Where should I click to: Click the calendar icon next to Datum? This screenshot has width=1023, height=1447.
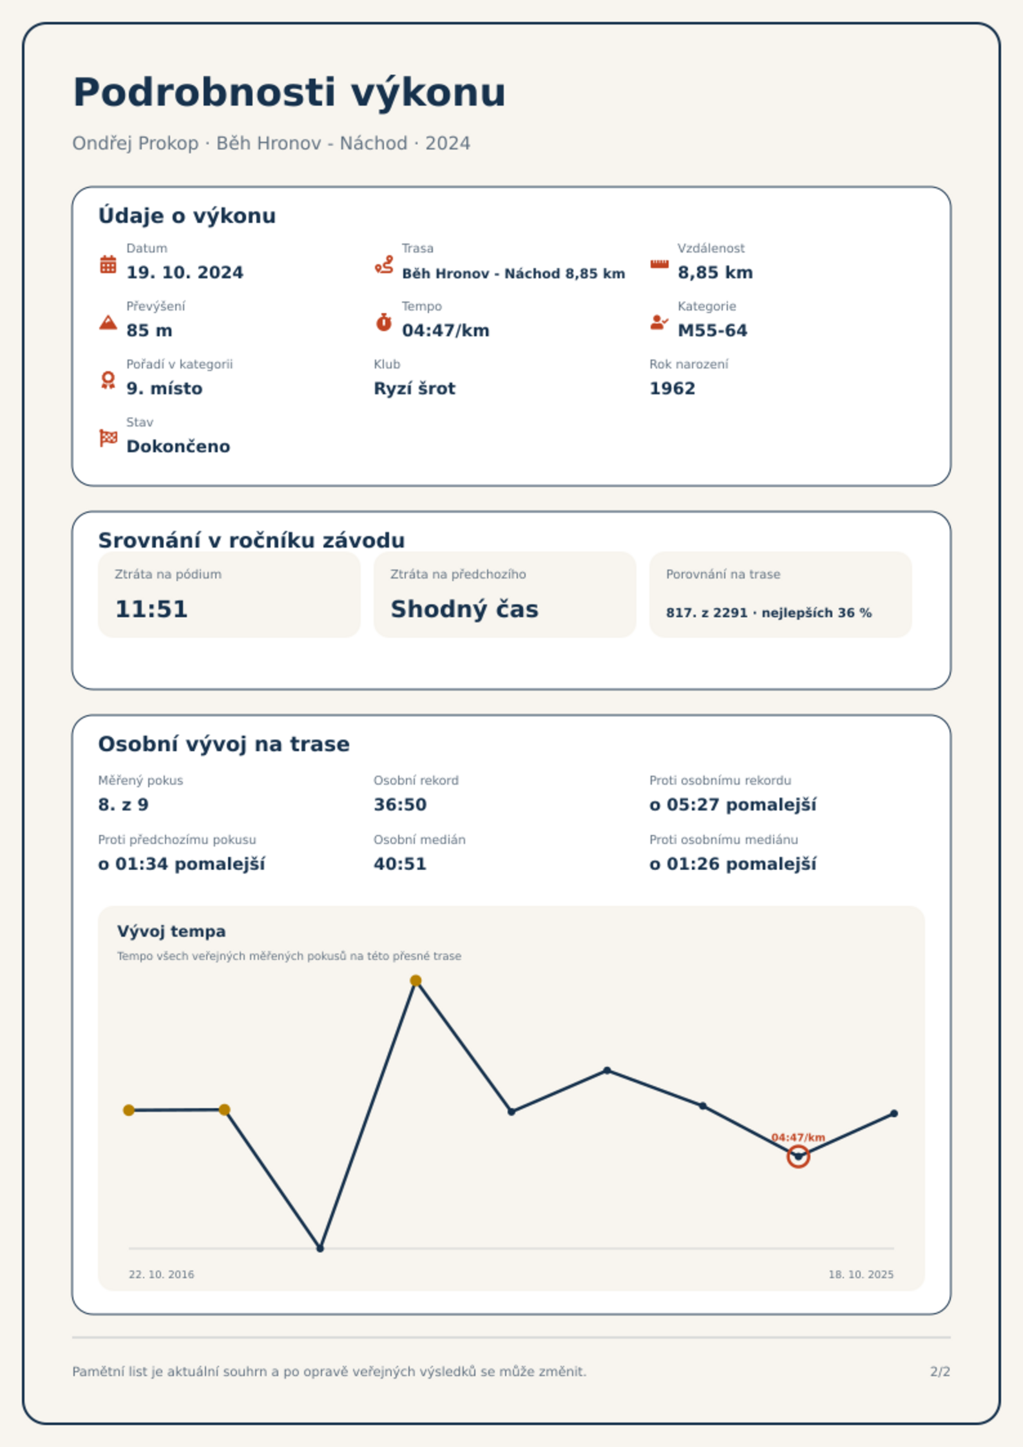[108, 264]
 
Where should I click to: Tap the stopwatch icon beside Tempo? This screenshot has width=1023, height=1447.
[383, 322]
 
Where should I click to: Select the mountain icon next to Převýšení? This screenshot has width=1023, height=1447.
[108, 322]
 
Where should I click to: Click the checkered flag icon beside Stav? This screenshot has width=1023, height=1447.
[108, 438]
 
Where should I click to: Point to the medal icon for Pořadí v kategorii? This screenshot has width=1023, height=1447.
[108, 380]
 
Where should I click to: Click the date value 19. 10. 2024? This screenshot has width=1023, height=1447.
[185, 273]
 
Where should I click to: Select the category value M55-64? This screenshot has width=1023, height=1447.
[712, 331]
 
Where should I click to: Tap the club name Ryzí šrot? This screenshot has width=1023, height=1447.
[414, 388]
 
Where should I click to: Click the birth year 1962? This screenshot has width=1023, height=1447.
[673, 388]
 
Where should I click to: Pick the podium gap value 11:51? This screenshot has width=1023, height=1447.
[151, 609]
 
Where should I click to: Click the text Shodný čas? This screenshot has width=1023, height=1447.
[464, 609]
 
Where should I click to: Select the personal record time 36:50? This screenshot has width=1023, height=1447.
[400, 805]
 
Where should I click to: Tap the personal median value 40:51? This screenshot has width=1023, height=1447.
[400, 864]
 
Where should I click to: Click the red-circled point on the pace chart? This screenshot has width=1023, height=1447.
[798, 1156]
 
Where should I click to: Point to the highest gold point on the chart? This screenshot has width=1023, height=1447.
[416, 981]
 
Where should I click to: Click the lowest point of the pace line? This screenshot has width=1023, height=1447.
[320, 1249]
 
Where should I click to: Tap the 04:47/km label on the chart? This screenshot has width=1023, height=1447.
[798, 1137]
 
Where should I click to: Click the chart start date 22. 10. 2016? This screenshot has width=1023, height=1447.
[161, 1274]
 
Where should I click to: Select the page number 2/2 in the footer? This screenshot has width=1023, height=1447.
[940, 1372]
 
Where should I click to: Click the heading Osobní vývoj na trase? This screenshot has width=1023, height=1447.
[224, 744]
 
